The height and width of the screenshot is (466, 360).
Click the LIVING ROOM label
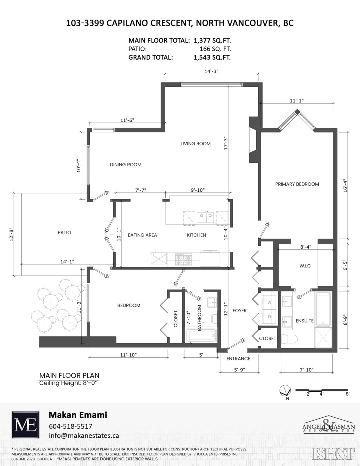tap(195, 144)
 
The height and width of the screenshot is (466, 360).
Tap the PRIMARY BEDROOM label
tap(297, 184)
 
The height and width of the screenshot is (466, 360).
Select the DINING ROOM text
tap(125, 165)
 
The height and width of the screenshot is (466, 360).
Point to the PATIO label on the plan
tap(64, 233)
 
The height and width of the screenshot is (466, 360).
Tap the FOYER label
tap(240, 311)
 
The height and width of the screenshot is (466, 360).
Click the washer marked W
tap(269, 302)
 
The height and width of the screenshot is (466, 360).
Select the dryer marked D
tap(269, 316)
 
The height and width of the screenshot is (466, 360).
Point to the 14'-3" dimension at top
tap(212, 72)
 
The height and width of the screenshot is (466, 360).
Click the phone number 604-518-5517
tap(70, 426)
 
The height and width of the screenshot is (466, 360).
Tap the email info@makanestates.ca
tap(84, 436)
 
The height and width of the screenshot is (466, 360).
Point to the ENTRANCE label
tap(238, 359)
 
